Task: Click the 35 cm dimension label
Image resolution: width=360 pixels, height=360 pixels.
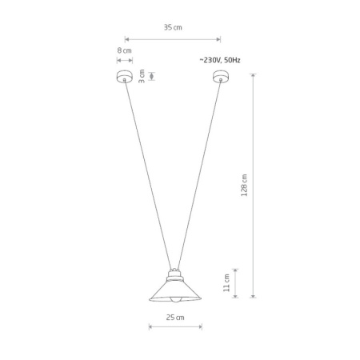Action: [173, 27]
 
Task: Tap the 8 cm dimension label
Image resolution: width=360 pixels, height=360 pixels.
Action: [124, 50]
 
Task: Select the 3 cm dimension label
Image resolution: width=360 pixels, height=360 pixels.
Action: [142, 76]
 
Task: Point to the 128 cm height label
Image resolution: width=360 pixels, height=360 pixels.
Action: [244, 185]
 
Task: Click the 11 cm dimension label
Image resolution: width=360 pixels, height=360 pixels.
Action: [226, 282]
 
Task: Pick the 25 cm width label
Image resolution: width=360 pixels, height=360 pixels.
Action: [175, 318]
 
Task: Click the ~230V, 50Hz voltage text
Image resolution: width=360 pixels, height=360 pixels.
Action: [220, 60]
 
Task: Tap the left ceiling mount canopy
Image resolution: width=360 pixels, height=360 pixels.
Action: [125, 76]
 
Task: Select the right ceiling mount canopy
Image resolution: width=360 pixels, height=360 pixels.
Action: [221, 76]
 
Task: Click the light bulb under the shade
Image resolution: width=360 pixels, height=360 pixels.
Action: [175, 300]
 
